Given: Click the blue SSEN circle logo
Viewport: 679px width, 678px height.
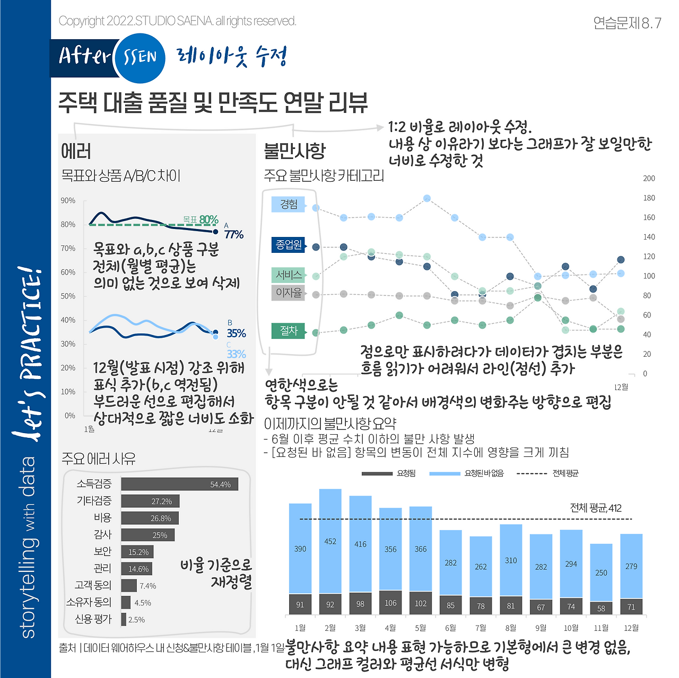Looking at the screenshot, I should pos(140,57).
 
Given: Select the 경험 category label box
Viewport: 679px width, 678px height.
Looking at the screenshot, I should pos(289,205).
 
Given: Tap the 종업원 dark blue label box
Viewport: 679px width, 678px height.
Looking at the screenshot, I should pos(289,244).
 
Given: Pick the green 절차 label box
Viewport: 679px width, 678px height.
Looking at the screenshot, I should pos(289,331).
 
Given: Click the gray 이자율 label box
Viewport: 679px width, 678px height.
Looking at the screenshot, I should pos(289,293).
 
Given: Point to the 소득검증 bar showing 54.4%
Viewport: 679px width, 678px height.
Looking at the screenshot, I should pos(179,484).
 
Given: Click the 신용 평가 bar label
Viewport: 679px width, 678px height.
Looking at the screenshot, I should pos(93,619).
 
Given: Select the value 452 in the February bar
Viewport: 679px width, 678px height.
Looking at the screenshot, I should pos(330,541).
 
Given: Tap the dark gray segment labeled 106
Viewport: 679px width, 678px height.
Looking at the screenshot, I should pos(390,603).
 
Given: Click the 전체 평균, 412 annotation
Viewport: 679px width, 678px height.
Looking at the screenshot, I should pos(595,508).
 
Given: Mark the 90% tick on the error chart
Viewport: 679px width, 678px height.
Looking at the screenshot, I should pos(68,200).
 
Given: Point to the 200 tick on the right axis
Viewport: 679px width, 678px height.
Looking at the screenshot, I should pos(649,178).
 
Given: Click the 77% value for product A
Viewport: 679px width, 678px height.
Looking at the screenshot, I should pos(234,234).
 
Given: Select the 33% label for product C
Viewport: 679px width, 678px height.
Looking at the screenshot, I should pos(236,354).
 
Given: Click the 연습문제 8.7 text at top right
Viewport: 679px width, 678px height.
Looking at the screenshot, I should pos(627,23).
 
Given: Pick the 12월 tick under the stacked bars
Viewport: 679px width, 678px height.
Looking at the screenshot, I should pos(631,628).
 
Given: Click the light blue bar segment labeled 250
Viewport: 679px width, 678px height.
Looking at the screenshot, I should pos(601,573).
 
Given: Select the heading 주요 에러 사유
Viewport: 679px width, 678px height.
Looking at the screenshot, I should pos(99,459).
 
